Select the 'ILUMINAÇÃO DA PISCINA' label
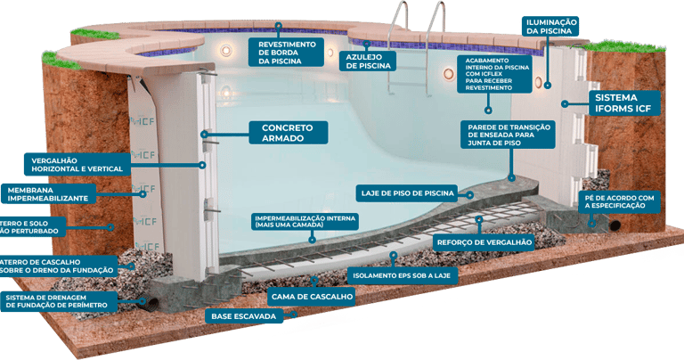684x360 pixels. [551, 26]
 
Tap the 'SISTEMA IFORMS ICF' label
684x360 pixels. [624, 102]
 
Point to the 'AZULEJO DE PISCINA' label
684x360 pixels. [369, 60]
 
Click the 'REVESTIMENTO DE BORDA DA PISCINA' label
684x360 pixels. [289, 52]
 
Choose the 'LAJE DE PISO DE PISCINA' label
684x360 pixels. [408, 192]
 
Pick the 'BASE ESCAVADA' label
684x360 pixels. [243, 315]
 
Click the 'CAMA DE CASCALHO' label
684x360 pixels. [306, 291]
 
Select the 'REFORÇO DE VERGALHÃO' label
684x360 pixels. [484, 241]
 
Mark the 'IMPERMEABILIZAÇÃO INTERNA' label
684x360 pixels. [305, 221]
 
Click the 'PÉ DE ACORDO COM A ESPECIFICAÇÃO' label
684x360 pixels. [620, 201]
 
